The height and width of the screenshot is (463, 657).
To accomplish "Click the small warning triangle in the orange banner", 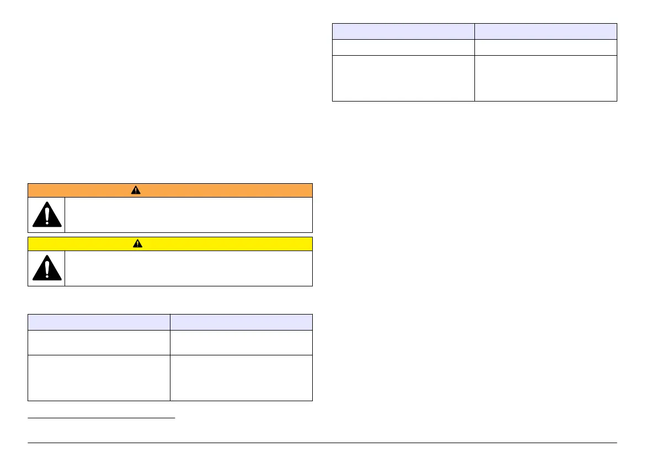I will (136, 190).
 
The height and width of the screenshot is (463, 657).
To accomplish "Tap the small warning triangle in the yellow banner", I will (136, 244).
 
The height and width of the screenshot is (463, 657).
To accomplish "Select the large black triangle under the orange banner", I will (46, 215).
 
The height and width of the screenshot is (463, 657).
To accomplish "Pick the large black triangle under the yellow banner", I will (46, 269).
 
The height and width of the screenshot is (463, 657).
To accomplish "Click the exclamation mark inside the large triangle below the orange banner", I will (46, 215).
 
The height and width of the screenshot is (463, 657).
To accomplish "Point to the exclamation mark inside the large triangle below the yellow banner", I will (46, 269).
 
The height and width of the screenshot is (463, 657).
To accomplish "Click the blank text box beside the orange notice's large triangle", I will (188, 215).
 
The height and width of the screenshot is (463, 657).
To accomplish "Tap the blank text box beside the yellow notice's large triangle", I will (188, 269).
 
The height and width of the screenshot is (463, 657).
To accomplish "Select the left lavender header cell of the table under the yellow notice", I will (99, 322).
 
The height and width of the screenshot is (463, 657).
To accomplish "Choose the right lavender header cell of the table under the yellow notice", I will (241, 322).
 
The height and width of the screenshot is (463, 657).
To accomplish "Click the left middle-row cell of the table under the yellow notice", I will (99, 342).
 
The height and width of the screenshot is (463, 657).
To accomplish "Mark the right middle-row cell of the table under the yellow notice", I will (241, 342).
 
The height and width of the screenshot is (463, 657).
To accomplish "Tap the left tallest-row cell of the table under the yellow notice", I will (99, 377).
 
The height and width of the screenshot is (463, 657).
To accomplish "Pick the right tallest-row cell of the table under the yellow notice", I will (241, 377).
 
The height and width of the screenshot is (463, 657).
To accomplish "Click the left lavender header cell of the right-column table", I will (403, 31).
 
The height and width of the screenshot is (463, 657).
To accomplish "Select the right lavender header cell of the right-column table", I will (546, 31).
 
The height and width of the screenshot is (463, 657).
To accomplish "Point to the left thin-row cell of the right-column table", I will (403, 47).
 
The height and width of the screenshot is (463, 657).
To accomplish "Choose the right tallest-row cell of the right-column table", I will (546, 78).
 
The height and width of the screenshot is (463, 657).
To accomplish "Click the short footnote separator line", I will (101, 418).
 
